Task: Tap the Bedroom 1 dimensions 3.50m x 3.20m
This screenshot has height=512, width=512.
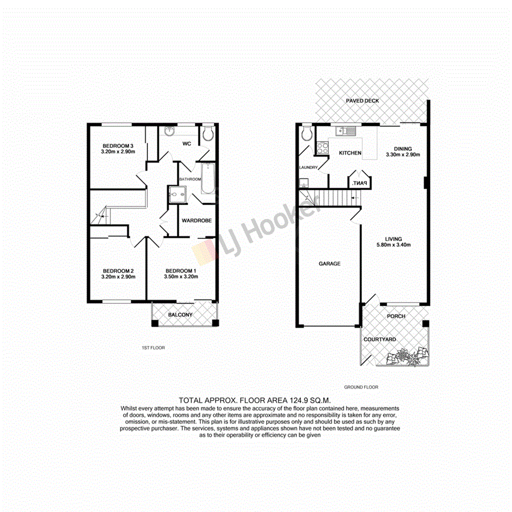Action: (180, 277)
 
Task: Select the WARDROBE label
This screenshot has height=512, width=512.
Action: (197, 220)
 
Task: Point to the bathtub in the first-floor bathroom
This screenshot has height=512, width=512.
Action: (208, 178)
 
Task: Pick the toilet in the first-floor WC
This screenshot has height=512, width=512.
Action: (209, 134)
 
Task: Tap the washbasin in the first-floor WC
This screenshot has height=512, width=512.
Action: (169, 133)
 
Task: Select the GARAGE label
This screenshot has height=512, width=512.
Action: (329, 263)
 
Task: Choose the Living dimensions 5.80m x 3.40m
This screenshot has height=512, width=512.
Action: (393, 245)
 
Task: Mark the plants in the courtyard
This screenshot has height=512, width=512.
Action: (405, 356)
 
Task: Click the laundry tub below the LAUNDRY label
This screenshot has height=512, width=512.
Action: (304, 183)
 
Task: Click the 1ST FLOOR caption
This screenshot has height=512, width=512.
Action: (153, 348)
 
